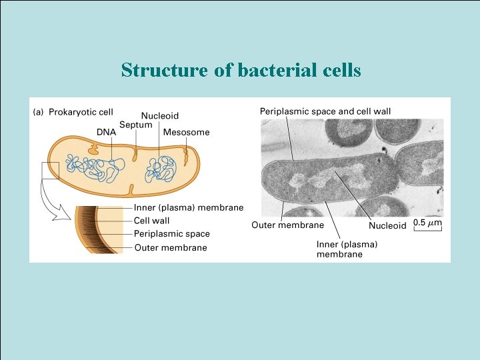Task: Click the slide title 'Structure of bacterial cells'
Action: (241, 70)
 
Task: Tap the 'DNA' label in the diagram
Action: (106, 132)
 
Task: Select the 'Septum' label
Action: (136, 125)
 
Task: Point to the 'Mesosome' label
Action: (186, 132)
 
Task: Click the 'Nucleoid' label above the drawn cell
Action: (159, 116)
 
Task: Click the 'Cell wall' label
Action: (151, 221)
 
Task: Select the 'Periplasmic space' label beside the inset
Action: (171, 234)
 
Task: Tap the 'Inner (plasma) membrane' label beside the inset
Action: (189, 208)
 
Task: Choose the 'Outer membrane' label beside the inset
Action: (171, 247)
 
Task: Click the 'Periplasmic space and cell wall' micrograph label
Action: (325, 111)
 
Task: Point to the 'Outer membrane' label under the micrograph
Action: (287, 225)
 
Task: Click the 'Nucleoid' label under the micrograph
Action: (387, 226)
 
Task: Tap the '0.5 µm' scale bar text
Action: (428, 222)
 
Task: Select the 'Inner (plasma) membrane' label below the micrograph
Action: (347, 249)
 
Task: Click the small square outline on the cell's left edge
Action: (50, 171)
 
